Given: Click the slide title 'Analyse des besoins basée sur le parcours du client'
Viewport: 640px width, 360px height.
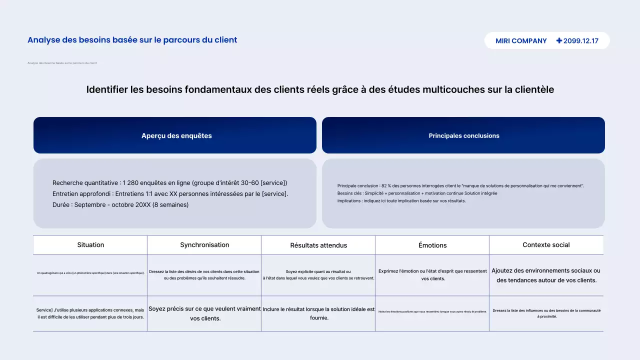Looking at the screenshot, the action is point(132,40).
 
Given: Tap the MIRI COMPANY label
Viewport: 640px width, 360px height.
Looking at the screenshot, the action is point(521,41).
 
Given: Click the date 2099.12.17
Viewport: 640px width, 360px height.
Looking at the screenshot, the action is point(580,41).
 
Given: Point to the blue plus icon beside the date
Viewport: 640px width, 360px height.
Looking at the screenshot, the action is point(559,41).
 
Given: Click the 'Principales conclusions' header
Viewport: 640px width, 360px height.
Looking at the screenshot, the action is point(463,135).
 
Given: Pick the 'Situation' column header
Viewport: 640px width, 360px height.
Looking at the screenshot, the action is point(90,245).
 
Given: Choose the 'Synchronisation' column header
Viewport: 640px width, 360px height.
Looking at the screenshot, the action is point(204,245).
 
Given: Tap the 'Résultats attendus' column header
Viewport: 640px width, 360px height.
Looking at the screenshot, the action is point(318,245).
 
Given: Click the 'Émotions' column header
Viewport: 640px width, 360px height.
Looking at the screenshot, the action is point(432,245).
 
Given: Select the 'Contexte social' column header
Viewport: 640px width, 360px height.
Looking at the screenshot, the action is point(546,245).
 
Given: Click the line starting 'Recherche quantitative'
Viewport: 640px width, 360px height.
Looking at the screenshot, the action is point(169,183).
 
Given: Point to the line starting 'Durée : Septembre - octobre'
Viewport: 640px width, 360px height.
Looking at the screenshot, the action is point(120,204).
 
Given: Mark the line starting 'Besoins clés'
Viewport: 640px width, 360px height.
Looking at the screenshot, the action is point(417,193).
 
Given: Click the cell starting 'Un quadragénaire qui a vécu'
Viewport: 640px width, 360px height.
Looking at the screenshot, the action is point(90,273).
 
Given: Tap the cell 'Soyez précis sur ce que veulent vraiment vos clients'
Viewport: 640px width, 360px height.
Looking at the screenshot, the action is point(204,313).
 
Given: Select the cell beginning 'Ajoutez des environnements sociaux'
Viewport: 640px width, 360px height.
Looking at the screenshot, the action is point(546,275).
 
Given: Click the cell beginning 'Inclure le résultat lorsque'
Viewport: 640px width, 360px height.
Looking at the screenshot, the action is point(318,313).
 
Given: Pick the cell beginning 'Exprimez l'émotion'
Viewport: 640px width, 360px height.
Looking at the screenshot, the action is point(432,275).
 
